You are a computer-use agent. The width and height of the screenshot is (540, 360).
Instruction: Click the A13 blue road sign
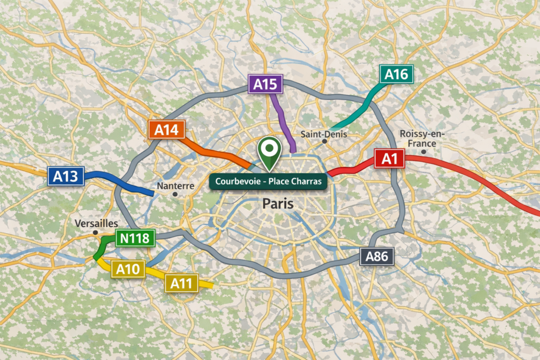66,177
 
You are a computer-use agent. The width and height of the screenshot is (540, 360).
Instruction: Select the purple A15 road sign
266,84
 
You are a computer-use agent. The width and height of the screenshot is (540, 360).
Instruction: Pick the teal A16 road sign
397,74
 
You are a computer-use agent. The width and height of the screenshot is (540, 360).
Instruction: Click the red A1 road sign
389,159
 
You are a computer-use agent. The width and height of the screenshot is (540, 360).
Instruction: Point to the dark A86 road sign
377,257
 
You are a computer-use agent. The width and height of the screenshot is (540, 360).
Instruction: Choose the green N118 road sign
134,238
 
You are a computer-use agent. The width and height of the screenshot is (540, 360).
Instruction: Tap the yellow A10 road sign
127,269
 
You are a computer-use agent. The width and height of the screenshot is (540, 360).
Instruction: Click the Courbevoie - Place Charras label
268,181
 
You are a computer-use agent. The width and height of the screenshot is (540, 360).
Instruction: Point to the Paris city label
277,203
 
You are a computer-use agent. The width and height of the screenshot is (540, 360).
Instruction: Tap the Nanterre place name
176,186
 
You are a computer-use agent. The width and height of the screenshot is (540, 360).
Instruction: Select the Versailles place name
97,223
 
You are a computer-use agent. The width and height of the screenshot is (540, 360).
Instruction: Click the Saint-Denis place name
324,134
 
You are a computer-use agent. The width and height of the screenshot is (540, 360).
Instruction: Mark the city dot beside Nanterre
176,194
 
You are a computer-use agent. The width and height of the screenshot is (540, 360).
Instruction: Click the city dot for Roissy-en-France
423,152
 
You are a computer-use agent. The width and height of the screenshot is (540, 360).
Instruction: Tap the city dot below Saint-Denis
324,141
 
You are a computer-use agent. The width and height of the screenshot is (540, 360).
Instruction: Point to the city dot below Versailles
95,232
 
